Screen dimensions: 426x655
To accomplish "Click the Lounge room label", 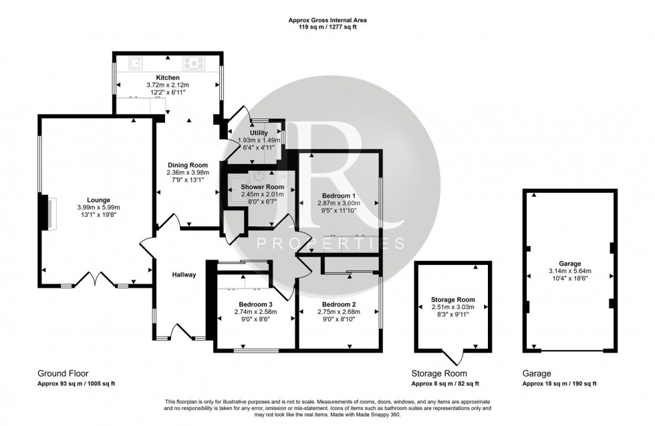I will coord(98,199).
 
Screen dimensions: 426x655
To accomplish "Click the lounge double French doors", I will coord(94,280).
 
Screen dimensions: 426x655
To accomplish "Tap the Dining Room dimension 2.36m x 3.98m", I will coord(187,173).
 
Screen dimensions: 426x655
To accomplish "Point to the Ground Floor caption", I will coord(63,373).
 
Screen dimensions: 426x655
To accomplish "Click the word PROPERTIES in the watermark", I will coord(330,243).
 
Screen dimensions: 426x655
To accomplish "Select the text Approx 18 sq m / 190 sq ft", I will coord(560,383).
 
